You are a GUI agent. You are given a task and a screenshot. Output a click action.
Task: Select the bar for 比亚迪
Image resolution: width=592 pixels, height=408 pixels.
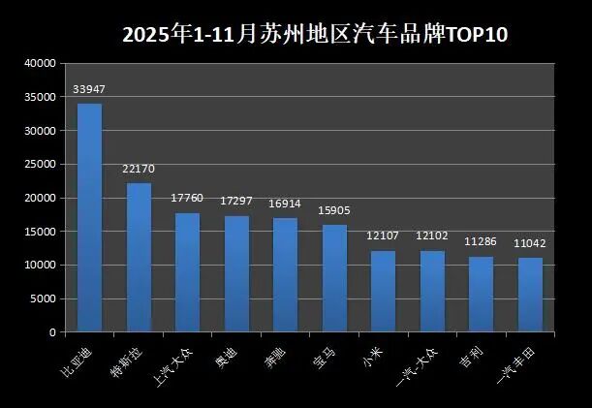point(89,217)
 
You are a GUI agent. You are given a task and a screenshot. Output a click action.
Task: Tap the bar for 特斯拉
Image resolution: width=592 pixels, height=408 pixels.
point(139,257)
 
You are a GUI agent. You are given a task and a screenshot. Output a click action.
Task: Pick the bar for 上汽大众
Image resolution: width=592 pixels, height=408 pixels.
point(187,272)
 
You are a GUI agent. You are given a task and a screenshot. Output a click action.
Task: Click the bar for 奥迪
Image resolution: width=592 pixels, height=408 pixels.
point(236,273)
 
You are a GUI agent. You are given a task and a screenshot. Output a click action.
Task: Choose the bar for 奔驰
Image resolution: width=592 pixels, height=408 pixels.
point(285,275)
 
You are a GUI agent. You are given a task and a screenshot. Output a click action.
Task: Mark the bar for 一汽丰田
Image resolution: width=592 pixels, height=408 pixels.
point(530,295)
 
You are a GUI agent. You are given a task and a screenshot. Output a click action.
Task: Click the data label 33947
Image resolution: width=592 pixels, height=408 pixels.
point(89,90)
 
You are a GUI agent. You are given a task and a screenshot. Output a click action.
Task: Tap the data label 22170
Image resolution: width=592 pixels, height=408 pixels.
point(139,169)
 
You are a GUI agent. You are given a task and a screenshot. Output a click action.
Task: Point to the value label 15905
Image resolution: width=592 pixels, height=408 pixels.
point(334,211)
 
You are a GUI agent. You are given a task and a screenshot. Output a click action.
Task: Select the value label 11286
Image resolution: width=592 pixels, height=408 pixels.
point(481,242)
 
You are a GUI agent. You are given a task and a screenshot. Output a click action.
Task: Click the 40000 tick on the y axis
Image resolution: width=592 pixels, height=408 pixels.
point(39,63)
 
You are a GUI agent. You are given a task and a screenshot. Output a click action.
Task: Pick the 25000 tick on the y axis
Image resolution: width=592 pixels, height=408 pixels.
point(39,164)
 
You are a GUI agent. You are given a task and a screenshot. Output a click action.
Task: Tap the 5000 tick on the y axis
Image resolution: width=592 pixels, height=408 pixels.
point(42,298)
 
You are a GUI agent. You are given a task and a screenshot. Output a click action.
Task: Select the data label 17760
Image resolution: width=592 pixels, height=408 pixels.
point(187,199)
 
